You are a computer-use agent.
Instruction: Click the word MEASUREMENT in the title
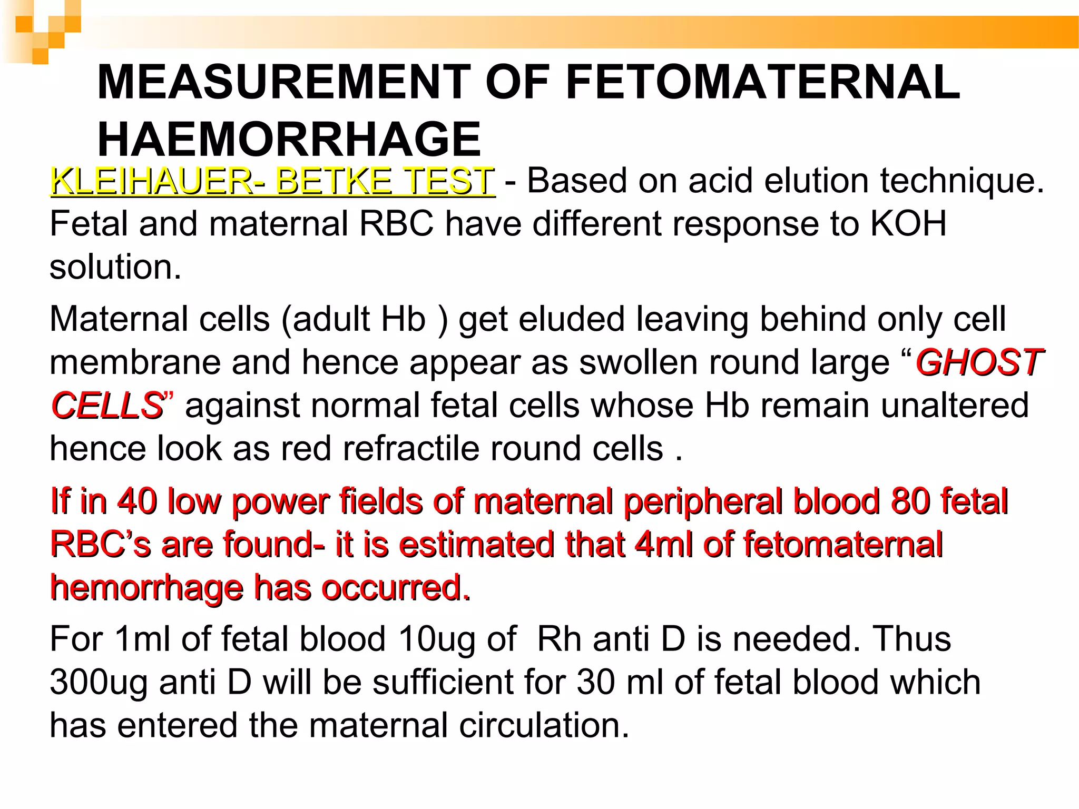pos(284,82)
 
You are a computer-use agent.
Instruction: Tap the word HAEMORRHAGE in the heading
pos(289,139)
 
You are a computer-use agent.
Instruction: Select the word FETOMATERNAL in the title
pos(763,82)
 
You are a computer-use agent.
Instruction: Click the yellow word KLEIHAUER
pos(151,181)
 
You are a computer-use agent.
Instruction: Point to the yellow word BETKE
pos(333,181)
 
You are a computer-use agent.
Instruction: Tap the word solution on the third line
pos(115,267)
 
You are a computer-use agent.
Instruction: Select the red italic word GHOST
pos(979,362)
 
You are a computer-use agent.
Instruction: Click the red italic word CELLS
pos(107,406)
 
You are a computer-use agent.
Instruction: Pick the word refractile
pos(411,449)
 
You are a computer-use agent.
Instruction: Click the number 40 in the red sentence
pos(137,501)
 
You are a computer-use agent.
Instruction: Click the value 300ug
pos(99,683)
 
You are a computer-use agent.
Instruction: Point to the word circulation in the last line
pos(544,726)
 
